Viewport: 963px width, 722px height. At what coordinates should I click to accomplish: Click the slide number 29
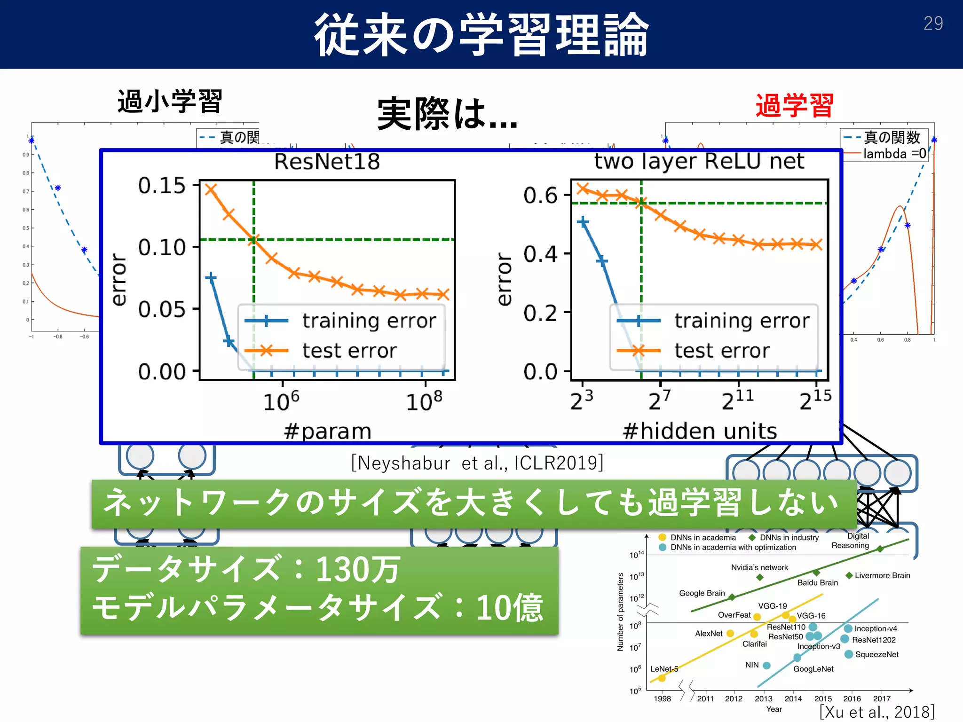tap(933, 24)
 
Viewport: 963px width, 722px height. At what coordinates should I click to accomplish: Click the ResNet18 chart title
tap(327, 162)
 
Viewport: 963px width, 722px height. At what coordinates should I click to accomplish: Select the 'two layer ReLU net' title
tap(699, 161)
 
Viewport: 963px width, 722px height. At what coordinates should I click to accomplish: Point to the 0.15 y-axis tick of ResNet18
tap(162, 186)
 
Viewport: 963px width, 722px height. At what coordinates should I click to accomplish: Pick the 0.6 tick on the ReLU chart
tap(540, 195)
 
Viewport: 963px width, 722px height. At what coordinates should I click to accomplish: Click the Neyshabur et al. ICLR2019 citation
tap(477, 463)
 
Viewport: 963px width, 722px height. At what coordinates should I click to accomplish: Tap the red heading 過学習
tap(795, 105)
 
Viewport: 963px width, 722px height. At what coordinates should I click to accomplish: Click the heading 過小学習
tap(170, 102)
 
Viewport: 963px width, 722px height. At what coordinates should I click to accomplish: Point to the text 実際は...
tap(447, 114)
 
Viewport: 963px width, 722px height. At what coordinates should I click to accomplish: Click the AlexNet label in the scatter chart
tap(709, 634)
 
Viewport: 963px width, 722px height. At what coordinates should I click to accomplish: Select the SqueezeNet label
tap(876, 654)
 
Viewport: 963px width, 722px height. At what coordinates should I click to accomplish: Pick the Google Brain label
tap(702, 593)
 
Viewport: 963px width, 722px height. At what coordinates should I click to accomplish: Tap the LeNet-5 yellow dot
tap(662, 678)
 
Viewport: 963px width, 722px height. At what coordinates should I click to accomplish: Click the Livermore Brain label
tap(882, 575)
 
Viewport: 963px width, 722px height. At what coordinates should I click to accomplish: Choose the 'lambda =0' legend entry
tap(894, 154)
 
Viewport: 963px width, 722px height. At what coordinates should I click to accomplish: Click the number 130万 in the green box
tap(357, 570)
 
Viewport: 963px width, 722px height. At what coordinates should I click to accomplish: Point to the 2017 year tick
tap(882, 698)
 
